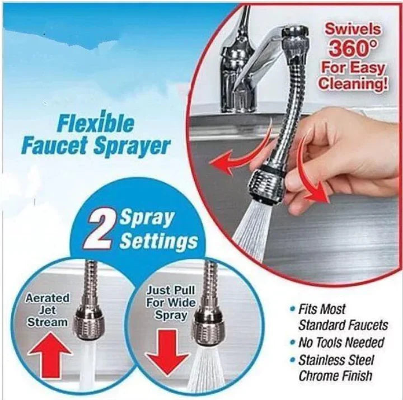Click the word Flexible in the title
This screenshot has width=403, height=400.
pos(96,124)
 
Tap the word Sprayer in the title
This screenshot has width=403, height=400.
pos(132,147)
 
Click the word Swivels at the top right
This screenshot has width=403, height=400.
pos(353,29)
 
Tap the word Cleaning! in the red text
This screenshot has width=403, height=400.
pos(353,83)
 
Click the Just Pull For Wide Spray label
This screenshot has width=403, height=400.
pos(170,303)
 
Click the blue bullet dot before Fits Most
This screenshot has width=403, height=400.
pos(292,309)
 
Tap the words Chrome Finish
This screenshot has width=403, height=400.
pos(335,376)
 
